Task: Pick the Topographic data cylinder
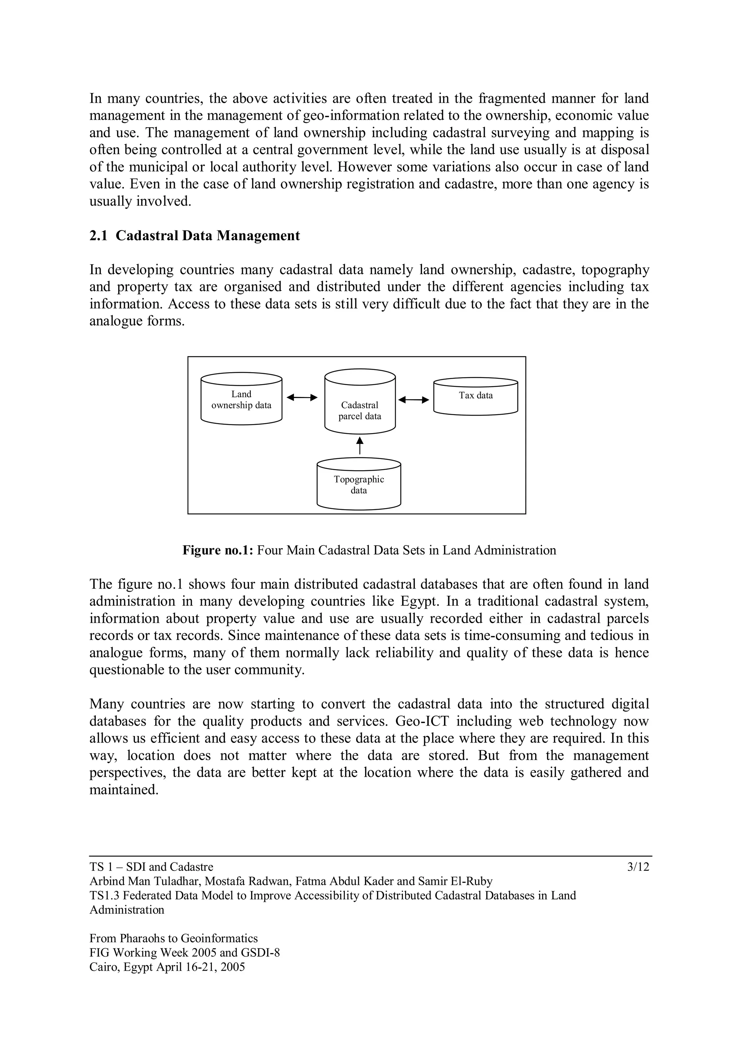point(359,484)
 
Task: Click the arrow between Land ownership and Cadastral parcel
point(302,398)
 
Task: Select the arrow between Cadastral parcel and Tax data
point(413,400)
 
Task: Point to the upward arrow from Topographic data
point(360,446)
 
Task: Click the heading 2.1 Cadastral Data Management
point(195,236)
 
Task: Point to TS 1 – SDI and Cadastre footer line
point(151,867)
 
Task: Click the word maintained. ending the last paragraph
point(124,790)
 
